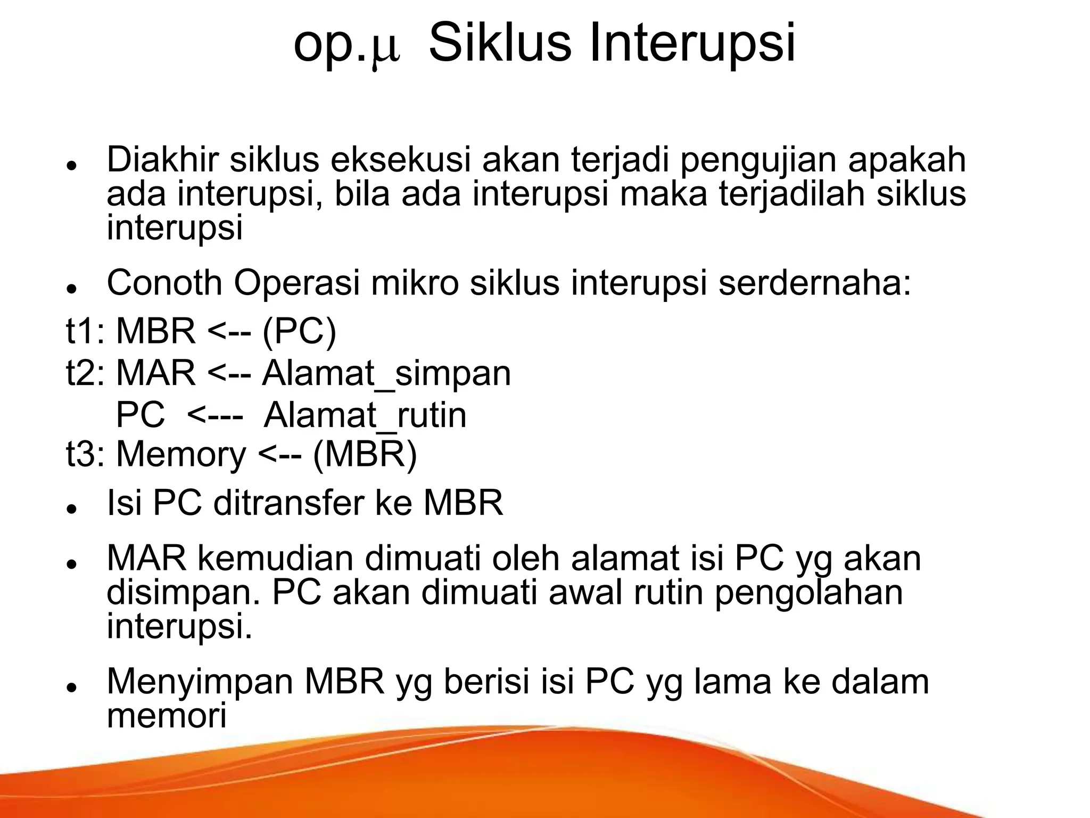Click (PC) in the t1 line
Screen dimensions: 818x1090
point(300,331)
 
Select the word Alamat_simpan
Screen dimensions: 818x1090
point(386,373)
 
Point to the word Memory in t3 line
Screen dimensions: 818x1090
point(181,454)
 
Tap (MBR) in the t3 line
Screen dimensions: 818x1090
point(365,454)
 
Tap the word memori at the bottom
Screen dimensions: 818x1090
point(167,715)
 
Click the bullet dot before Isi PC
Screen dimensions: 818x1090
point(70,509)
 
